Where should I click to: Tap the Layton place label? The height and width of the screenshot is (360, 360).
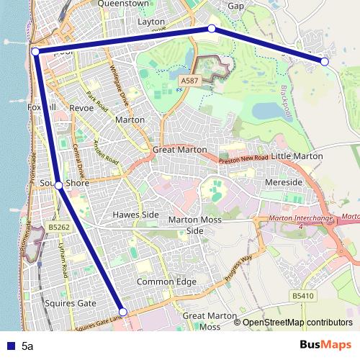pos(151,22)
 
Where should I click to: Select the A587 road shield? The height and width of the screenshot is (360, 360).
pos(189,81)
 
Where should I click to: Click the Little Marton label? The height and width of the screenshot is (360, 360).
pos(297,156)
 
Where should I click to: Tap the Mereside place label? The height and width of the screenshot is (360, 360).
pos(283,183)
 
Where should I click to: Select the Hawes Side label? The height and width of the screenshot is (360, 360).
pos(135,215)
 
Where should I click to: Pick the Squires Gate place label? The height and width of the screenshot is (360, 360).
pos(72,303)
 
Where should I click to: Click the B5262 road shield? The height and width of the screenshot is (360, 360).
pos(59,228)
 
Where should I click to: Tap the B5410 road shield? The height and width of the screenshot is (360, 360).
pos(305,295)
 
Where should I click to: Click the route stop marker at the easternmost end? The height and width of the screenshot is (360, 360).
pos(325,62)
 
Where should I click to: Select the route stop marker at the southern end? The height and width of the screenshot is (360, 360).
pos(122,312)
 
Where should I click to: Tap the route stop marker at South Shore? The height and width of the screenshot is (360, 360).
pos(58,185)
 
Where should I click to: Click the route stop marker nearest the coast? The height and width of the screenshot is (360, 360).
pos(35,51)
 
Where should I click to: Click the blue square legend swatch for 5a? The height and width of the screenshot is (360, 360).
pos(9,346)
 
